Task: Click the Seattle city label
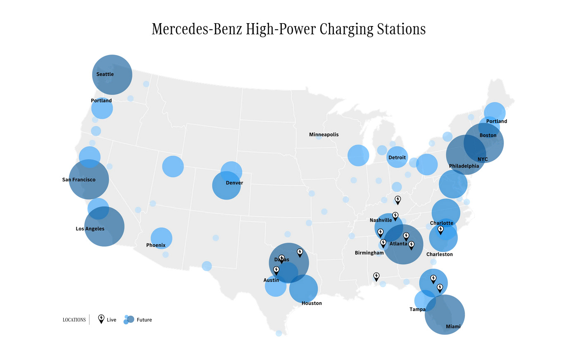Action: pyautogui.click(x=105, y=74)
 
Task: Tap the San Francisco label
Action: pyautogui.click(x=79, y=180)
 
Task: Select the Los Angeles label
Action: pyautogui.click(x=90, y=229)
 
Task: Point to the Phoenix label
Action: pyautogui.click(x=156, y=246)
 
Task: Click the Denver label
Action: pyautogui.click(x=234, y=183)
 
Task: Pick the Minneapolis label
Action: pyautogui.click(x=324, y=135)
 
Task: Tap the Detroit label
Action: pyautogui.click(x=397, y=157)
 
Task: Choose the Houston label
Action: pyautogui.click(x=312, y=303)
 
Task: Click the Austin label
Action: pyautogui.click(x=271, y=280)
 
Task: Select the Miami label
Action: pyautogui.click(x=453, y=327)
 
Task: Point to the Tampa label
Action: pyautogui.click(x=417, y=310)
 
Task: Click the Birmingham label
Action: pyautogui.click(x=369, y=253)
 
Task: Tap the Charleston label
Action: pyautogui.click(x=439, y=255)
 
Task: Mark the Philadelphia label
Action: pyautogui.click(x=464, y=166)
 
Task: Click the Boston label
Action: pyautogui.click(x=488, y=136)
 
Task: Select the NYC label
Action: pyautogui.click(x=483, y=160)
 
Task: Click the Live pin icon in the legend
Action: pyautogui.click(x=101, y=319)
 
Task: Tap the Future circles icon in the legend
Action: pyautogui.click(x=129, y=319)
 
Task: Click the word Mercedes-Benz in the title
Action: pyautogui.click(x=197, y=29)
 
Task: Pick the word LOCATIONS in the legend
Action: pyautogui.click(x=74, y=320)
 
